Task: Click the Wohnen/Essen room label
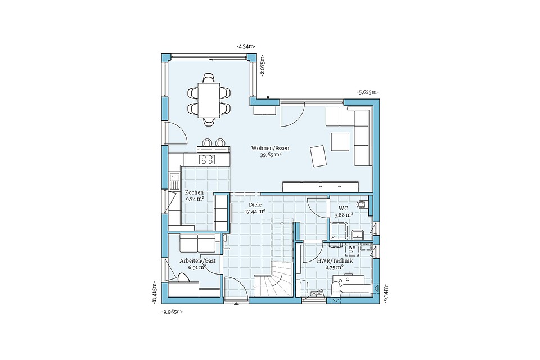tap(270, 148)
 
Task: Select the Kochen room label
tap(194, 192)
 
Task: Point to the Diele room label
tap(255, 205)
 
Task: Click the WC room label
tap(343, 209)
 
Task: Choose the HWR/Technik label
tap(334, 261)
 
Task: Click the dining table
tap(209, 100)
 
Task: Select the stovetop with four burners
tap(208, 159)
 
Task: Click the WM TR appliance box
tap(352, 249)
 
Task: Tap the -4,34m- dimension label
tap(246, 47)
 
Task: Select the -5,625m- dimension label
tap(367, 92)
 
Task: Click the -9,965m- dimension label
tap(172, 312)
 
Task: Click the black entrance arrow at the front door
tap(236, 304)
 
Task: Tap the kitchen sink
tap(174, 181)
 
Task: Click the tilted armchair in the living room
tap(318, 156)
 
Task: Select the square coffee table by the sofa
tap(340, 142)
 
